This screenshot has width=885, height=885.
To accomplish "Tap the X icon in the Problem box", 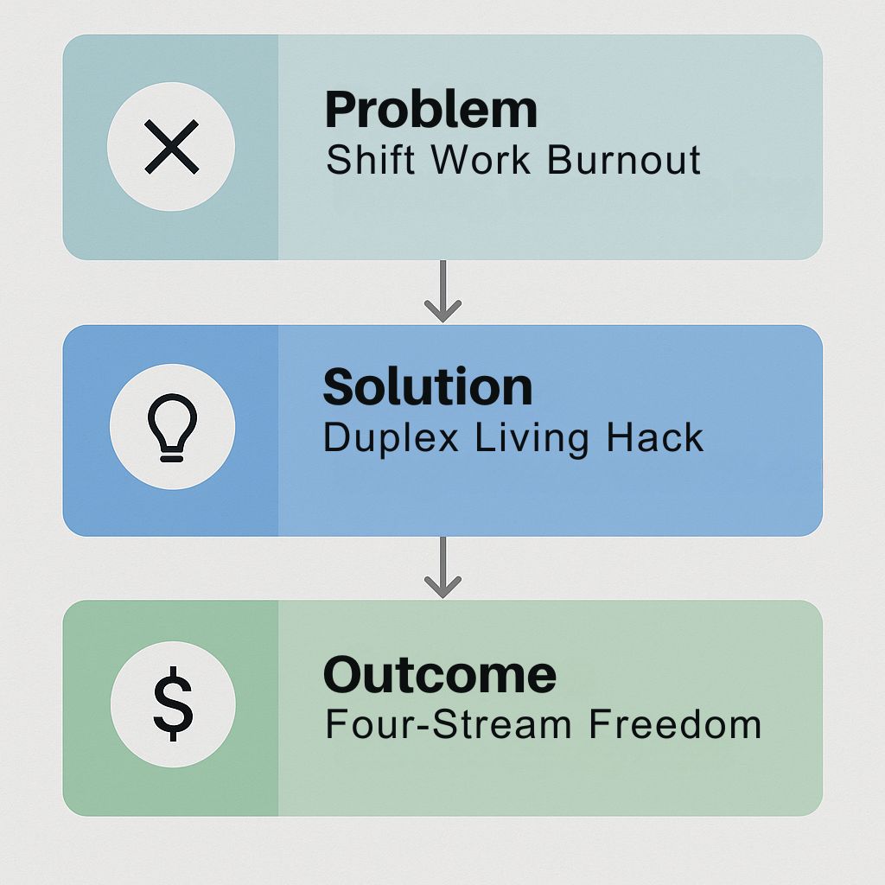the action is pyautogui.click(x=172, y=146).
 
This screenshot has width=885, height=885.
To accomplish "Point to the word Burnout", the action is pyautogui.click(x=624, y=160).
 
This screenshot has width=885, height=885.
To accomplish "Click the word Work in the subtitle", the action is pyautogui.click(x=481, y=160).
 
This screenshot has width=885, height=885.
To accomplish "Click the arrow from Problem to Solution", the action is pyautogui.click(x=443, y=291).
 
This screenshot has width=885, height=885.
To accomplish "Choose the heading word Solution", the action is pyautogui.click(x=428, y=387).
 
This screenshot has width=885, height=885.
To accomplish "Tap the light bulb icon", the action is pyautogui.click(x=172, y=427).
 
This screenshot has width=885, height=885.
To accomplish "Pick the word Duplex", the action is pyautogui.click(x=391, y=438).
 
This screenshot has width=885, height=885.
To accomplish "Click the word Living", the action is pyautogui.click(x=532, y=438).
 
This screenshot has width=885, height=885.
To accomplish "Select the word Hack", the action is pyautogui.click(x=655, y=437).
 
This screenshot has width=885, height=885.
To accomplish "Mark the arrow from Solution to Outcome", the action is pyautogui.click(x=443, y=567).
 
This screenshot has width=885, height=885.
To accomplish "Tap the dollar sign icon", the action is pyautogui.click(x=173, y=704).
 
